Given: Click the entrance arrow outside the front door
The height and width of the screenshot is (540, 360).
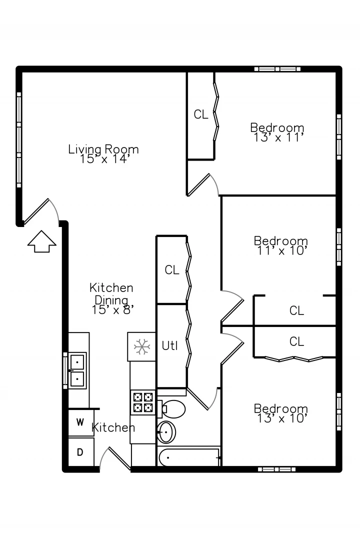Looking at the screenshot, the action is pos(41,241).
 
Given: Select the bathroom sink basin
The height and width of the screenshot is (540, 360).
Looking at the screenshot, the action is pos(166,432).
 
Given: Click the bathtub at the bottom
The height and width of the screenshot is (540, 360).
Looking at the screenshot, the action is pos(189,457).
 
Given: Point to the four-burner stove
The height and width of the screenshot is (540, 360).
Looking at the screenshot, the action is pos(143,402).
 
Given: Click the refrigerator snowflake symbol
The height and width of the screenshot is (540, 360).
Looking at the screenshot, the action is pos(141,347).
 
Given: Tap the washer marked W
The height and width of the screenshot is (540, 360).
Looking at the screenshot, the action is pos(80,422).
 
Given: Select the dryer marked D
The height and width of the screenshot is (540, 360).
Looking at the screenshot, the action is pos(80,452).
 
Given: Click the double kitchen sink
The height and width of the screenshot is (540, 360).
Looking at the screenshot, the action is pos(77,370).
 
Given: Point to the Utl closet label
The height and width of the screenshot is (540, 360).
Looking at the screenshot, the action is pos(170,345).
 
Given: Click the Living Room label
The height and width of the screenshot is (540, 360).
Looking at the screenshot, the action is pos(103,149).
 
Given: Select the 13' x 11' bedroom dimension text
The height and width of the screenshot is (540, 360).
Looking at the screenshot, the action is pos(278,137).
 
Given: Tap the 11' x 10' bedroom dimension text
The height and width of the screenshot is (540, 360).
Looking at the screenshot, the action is pos(282,250).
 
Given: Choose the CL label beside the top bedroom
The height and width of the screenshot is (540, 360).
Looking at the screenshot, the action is pos(201,114).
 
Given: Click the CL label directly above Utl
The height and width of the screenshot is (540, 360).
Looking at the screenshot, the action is pos(172,269).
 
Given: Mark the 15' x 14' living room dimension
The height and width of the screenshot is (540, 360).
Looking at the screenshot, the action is pos(104,159).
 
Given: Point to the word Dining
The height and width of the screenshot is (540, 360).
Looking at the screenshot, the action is pos(111,300).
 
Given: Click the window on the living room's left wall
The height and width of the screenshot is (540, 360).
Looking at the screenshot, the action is pos(19,140).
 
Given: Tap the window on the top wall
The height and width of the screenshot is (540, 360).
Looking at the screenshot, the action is pos(277,69).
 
